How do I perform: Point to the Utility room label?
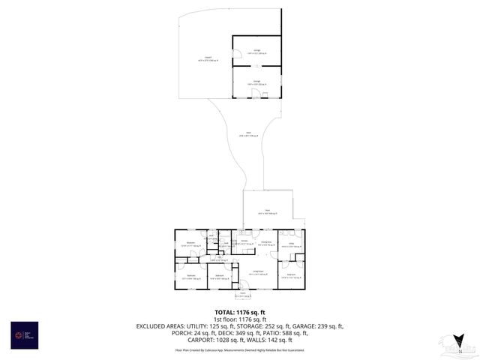click(x=290, y=244)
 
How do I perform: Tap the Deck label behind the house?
click(x=268, y=212)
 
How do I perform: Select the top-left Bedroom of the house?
click(x=190, y=244)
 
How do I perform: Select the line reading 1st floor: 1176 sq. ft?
click(x=240, y=319)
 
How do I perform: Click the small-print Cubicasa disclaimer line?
click(x=240, y=349)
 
